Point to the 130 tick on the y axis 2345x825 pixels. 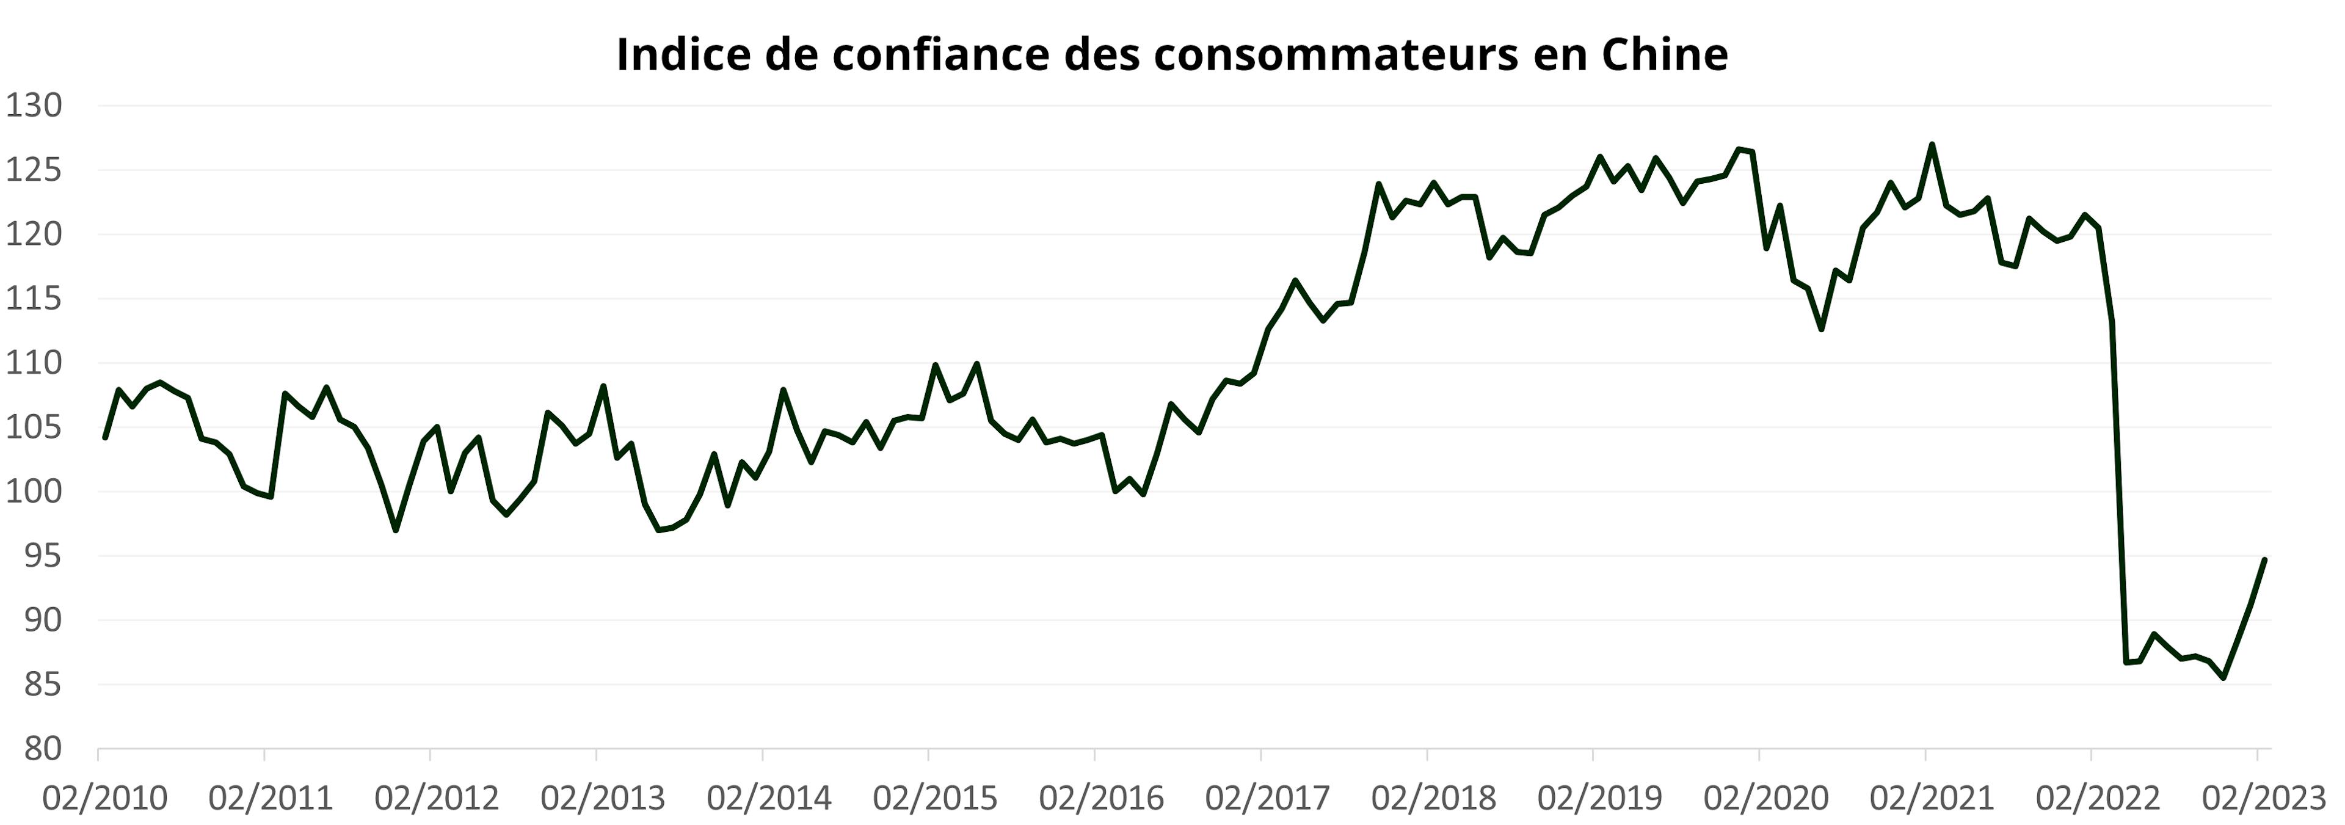pos(35,106)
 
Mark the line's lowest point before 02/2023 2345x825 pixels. pos(2224,677)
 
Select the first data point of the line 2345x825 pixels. pos(106,438)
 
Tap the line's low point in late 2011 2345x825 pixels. pos(395,530)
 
